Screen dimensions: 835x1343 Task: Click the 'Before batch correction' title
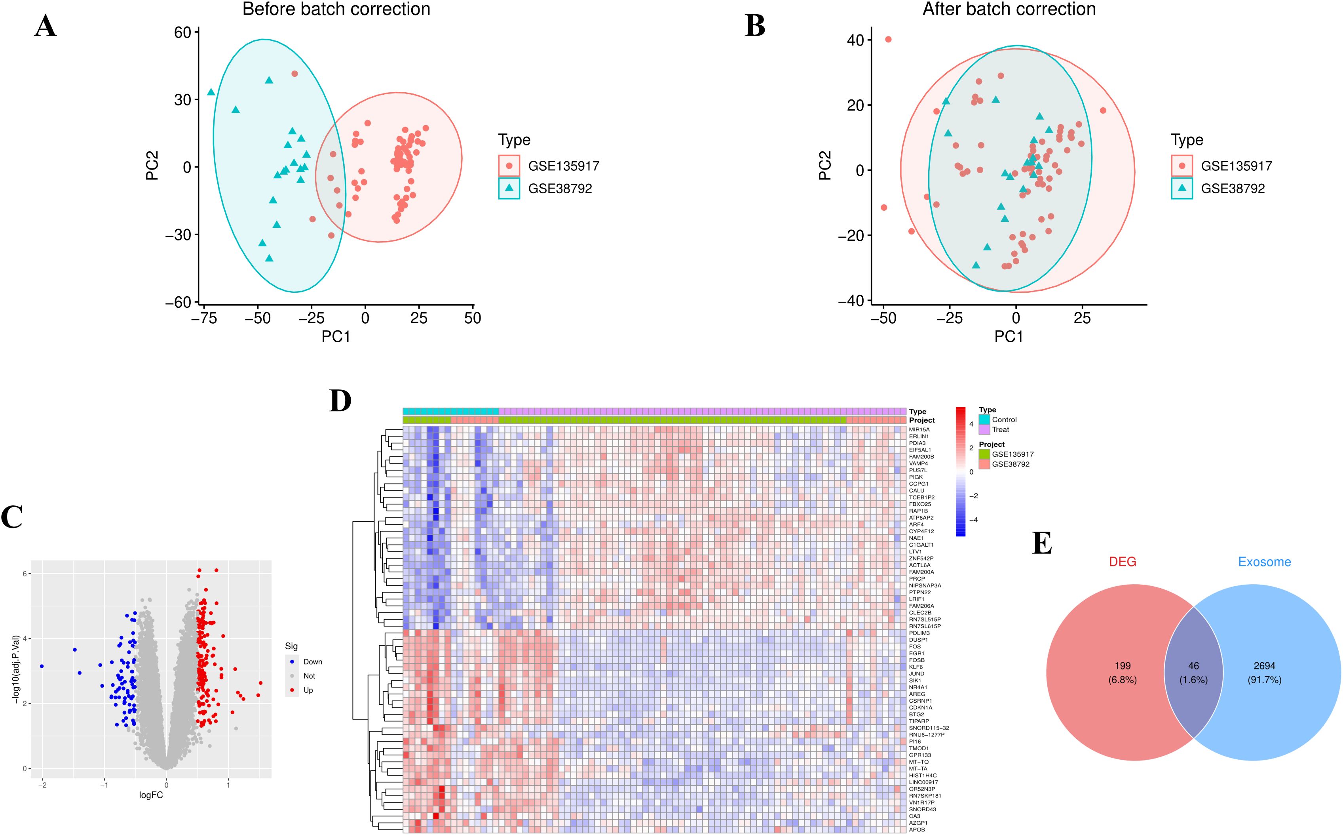pos(336,10)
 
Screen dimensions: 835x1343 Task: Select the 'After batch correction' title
pos(1009,10)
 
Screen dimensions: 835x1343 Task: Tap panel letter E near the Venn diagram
pos(1042,543)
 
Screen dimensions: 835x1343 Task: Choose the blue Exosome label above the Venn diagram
pos(1265,562)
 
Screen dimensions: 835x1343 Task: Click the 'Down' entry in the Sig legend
pos(312,662)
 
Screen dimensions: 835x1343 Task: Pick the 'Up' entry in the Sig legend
pos(308,690)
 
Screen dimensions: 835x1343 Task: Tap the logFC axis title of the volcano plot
pos(151,795)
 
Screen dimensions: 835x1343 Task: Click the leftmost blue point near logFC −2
pos(42,666)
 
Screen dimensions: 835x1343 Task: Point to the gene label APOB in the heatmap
pos(917,829)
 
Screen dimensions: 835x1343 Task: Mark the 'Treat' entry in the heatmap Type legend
pos(1000,430)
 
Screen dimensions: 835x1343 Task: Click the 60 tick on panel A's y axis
pos(182,32)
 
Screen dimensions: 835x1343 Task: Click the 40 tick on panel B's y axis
pos(856,40)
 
